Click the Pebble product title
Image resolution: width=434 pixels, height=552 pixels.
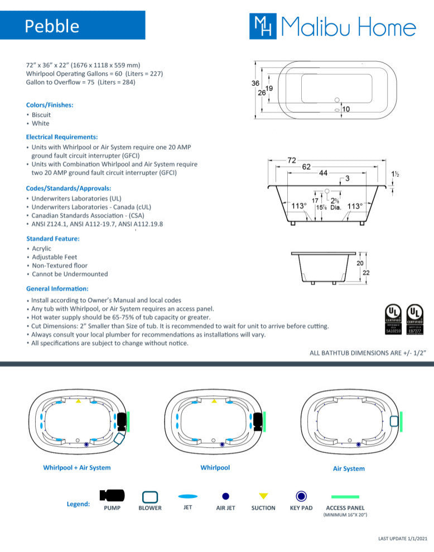pyautogui.click(x=52, y=26)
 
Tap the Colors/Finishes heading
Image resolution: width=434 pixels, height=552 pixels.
pyautogui.click(x=50, y=105)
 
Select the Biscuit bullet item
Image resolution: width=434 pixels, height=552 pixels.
pyautogui.click(x=41, y=115)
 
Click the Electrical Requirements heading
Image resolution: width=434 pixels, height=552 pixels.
pyautogui.click(x=62, y=137)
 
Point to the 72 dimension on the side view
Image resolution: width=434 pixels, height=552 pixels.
pyautogui.click(x=291, y=161)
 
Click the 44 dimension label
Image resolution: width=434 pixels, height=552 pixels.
pyautogui.click(x=323, y=173)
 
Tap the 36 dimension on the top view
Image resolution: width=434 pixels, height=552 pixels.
pyautogui.click(x=255, y=83)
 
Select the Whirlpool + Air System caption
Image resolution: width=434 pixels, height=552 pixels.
pyautogui.click(x=76, y=468)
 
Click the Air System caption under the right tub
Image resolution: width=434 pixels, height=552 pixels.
pyautogui.click(x=349, y=469)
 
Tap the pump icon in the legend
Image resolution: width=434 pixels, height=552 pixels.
pyautogui.click(x=112, y=496)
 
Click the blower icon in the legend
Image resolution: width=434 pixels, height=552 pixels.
pyautogui.click(x=150, y=496)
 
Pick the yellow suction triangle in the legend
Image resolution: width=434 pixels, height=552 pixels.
pyautogui.click(x=263, y=496)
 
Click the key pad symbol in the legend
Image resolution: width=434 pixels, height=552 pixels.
pyautogui.click(x=301, y=496)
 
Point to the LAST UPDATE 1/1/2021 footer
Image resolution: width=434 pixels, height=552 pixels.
pyautogui.click(x=402, y=539)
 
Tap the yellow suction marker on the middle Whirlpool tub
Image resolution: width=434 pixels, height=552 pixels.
pyautogui.click(x=214, y=401)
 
